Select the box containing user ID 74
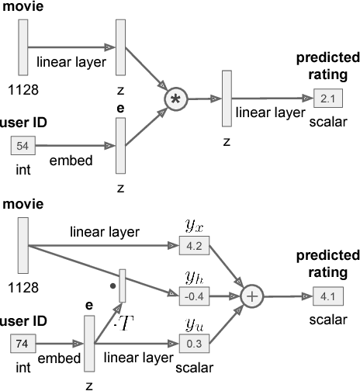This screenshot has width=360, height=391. [25, 342]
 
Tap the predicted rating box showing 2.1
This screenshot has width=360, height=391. [325, 98]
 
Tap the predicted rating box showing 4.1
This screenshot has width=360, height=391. [324, 296]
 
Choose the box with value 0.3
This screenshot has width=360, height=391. [189, 342]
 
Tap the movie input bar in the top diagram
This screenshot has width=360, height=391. [22, 47]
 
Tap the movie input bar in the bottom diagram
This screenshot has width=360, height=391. [22, 246]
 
